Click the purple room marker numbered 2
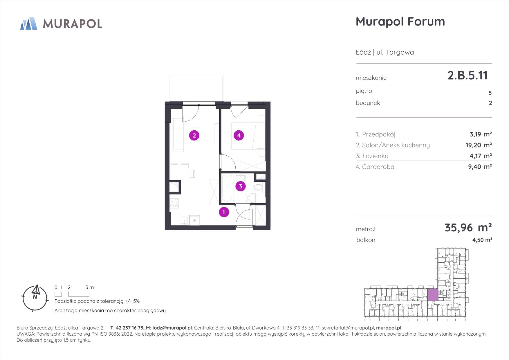tap(194, 135)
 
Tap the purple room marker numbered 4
tap(239, 135)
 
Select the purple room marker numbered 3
tap(241, 186)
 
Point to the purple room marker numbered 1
tap(224, 212)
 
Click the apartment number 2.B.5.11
tap(468, 75)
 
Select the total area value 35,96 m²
tap(468, 228)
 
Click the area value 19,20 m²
tap(479, 145)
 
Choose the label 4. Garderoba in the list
tap(375, 167)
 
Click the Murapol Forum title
tap(400, 21)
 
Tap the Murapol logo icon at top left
tap(28, 24)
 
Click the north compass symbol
tap(35, 298)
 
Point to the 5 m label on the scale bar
tap(90, 287)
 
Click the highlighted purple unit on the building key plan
tap(433, 295)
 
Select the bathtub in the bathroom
tap(227, 188)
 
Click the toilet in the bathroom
tap(258, 188)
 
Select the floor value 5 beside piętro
tap(490, 93)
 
